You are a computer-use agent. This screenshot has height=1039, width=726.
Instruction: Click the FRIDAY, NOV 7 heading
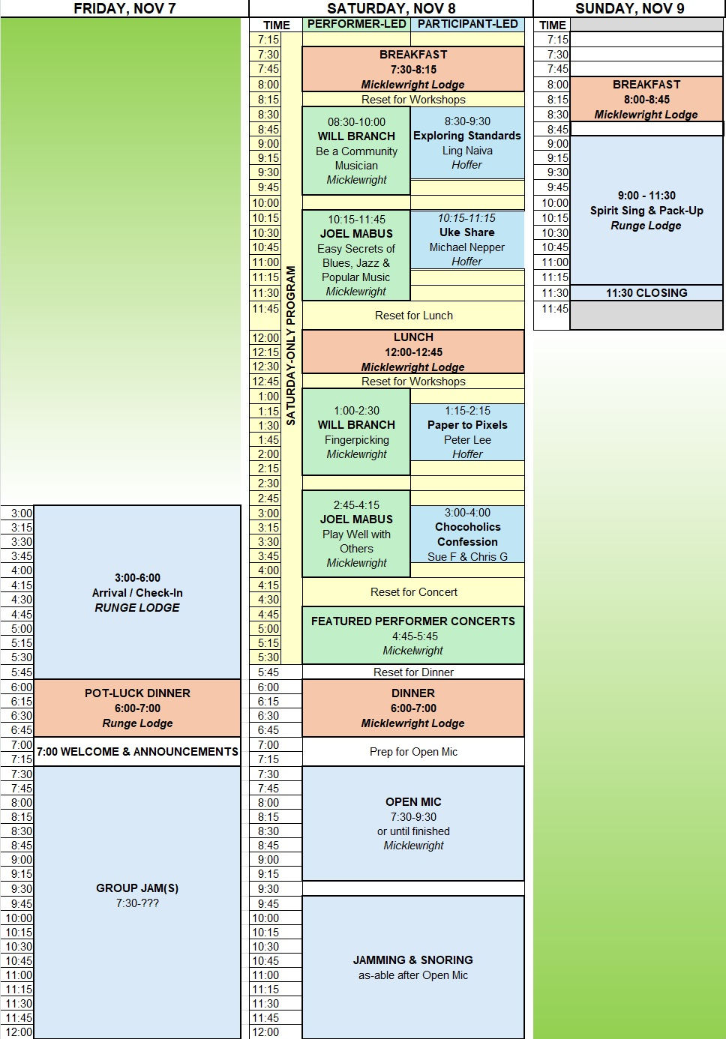pyautogui.click(x=124, y=8)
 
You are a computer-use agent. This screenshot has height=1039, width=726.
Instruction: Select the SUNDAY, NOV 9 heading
pyautogui.click(x=628, y=8)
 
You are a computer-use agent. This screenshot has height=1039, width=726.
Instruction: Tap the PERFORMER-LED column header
pyautogui.click(x=356, y=24)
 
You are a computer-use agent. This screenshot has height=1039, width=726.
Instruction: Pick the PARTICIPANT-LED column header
pyautogui.click(x=467, y=24)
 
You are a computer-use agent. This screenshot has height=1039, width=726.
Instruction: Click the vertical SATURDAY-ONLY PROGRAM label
pyautogui.click(x=291, y=346)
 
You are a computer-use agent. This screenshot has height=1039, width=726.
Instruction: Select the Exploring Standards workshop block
pyautogui.click(x=467, y=142)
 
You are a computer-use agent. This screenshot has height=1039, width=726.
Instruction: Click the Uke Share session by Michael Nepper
pyautogui.click(x=467, y=239)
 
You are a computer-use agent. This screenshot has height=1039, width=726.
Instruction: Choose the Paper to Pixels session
pyautogui.click(x=467, y=432)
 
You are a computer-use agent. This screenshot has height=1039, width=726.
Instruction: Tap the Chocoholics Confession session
pyautogui.click(x=467, y=534)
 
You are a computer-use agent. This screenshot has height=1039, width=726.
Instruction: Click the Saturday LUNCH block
pyautogui.click(x=413, y=352)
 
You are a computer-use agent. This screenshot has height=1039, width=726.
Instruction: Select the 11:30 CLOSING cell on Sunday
pyautogui.click(x=646, y=293)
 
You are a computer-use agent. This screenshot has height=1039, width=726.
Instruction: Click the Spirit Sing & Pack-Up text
pyautogui.click(x=646, y=211)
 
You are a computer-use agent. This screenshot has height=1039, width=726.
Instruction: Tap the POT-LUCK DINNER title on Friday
pyautogui.click(x=137, y=693)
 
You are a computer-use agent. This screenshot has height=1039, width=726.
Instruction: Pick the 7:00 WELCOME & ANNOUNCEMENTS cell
pyautogui.click(x=137, y=752)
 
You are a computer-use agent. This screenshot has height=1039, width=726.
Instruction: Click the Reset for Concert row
pyautogui.click(x=413, y=592)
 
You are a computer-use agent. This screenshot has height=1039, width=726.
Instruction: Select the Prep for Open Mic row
pyautogui.click(x=413, y=752)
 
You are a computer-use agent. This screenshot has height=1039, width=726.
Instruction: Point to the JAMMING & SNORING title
pyautogui.click(x=413, y=960)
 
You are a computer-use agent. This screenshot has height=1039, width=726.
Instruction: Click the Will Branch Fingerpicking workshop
pyautogui.click(x=356, y=432)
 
